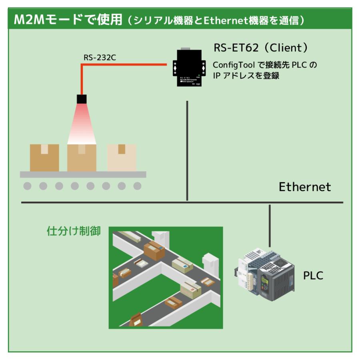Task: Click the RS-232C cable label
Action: [100, 58]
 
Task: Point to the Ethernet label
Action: [305, 187]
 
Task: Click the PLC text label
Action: [313, 276]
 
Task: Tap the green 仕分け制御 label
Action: [74, 231]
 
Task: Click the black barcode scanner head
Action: [82, 99]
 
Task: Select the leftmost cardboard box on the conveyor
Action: [44, 158]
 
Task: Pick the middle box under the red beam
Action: [82, 158]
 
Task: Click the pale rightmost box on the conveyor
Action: [122, 158]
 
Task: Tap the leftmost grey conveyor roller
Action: [28, 186]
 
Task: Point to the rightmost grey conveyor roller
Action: [137, 186]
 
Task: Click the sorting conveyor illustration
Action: [166, 277]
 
